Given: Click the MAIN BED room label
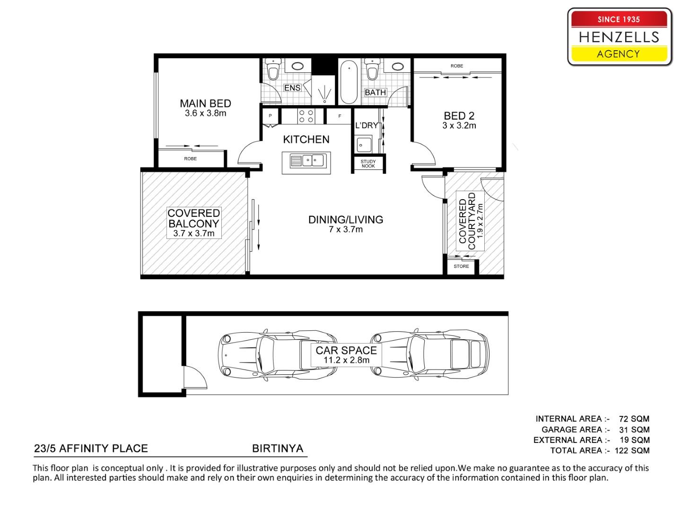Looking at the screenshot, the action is pos(205,103).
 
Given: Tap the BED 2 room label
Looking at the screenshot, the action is pos(459,116).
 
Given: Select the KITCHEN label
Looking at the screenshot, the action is pos(306,140).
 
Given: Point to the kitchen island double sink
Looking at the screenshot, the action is pos(306,161).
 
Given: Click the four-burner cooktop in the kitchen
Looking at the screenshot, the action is pos(306,116).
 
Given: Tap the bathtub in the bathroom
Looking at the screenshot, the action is pos(349,82).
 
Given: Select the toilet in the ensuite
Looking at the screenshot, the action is pos(273,70).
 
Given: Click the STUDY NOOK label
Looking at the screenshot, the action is pos(368,164).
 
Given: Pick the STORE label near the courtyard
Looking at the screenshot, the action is pos(461,266).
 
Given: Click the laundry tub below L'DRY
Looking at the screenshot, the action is pos(363,144).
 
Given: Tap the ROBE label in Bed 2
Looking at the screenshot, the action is pos(457,66).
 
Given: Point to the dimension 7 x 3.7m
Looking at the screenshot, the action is pos(346,229).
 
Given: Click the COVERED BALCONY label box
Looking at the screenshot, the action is pos(194,223).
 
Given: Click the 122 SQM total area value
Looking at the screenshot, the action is pos(632,450).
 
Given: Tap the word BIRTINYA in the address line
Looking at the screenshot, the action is pos(278,449).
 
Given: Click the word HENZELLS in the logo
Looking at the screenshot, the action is pos(619,37).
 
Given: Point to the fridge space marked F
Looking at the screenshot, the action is pos(339,116).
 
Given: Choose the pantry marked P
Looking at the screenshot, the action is pos(270,116).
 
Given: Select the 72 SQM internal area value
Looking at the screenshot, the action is pos(634,419).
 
